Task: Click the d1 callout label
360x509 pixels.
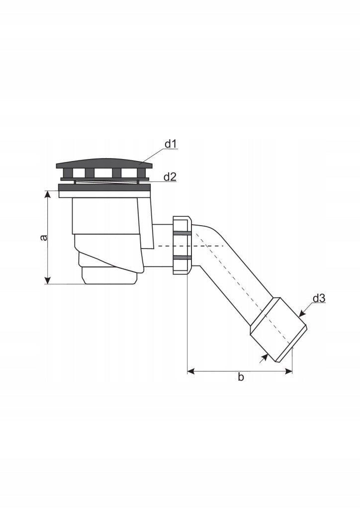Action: pyautogui.click(x=171, y=144)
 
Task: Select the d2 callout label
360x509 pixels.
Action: pyautogui.click(x=170, y=177)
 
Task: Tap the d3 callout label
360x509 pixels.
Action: pyautogui.click(x=319, y=298)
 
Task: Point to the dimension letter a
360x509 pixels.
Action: pyautogui.click(x=43, y=238)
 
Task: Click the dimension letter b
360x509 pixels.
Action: pyautogui.click(x=241, y=377)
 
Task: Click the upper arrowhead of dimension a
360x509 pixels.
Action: pyautogui.click(x=48, y=194)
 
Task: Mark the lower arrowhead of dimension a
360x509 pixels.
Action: pyautogui.click(x=48, y=280)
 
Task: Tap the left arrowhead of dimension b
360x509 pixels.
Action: pyautogui.click(x=191, y=371)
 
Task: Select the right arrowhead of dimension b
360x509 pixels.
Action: pyautogui.click(x=288, y=371)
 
